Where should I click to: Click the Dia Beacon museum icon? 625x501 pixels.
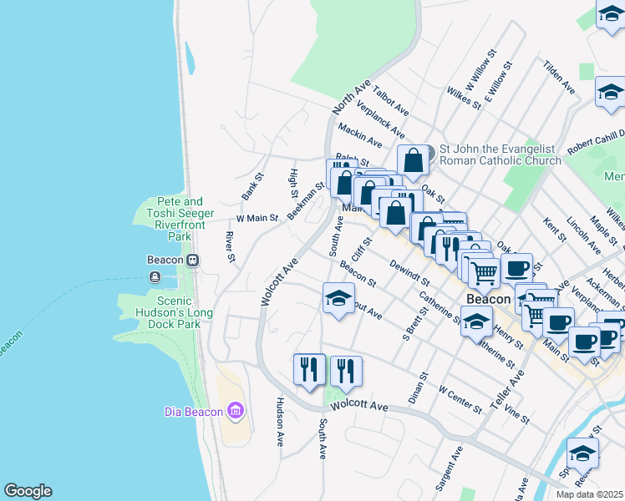click(236, 411)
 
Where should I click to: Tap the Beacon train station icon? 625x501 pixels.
click(192, 260)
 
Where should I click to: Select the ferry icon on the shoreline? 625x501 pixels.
click(155, 276)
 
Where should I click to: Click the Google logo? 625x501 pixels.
click(28, 491)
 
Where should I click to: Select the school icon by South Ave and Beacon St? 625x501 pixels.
click(338, 298)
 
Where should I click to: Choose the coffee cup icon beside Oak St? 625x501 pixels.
click(517, 268)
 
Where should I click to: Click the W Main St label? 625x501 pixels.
click(257, 218)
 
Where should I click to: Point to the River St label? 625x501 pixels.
click(229, 247)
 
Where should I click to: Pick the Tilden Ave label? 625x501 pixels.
click(559, 76)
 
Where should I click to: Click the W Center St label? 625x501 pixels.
click(461, 399)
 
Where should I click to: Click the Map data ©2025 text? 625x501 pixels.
click(590, 494)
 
